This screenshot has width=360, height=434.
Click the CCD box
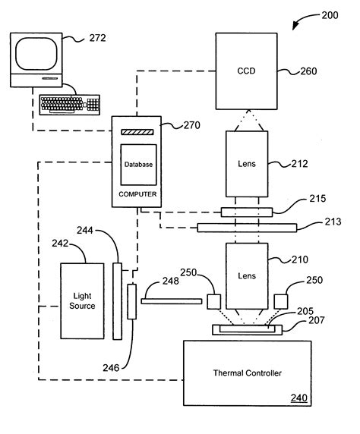[x=246, y=73]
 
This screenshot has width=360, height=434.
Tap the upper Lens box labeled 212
[x=245, y=162]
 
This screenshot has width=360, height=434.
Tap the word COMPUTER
[x=137, y=194]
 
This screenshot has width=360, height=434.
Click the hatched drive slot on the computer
[x=137, y=132]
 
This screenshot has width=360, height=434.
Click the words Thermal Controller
[x=247, y=373]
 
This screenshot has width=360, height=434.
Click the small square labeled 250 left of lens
[x=213, y=301]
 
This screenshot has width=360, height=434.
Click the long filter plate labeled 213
[x=246, y=226]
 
